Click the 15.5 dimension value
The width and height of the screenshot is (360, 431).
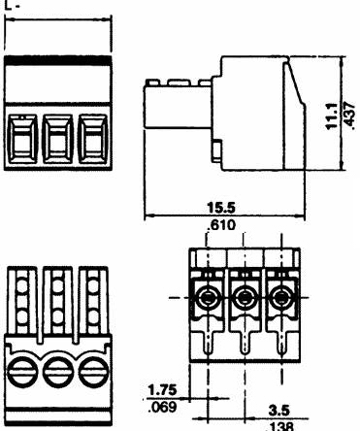pyautogui.click(x=221, y=208)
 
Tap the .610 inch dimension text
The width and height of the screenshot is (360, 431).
pyautogui.click(x=221, y=224)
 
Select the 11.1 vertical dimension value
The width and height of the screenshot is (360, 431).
pyautogui.click(x=333, y=116)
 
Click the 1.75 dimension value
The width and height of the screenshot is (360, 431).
pyautogui.click(x=162, y=390)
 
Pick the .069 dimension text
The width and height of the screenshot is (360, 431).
pyautogui.click(x=162, y=407)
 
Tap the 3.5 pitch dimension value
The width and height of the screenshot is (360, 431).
pyautogui.click(x=278, y=411)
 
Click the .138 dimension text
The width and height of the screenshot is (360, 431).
pyautogui.click(x=278, y=426)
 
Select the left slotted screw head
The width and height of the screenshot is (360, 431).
pyautogui.click(x=21, y=372)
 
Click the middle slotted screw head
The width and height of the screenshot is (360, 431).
pyautogui.click(x=57, y=372)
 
